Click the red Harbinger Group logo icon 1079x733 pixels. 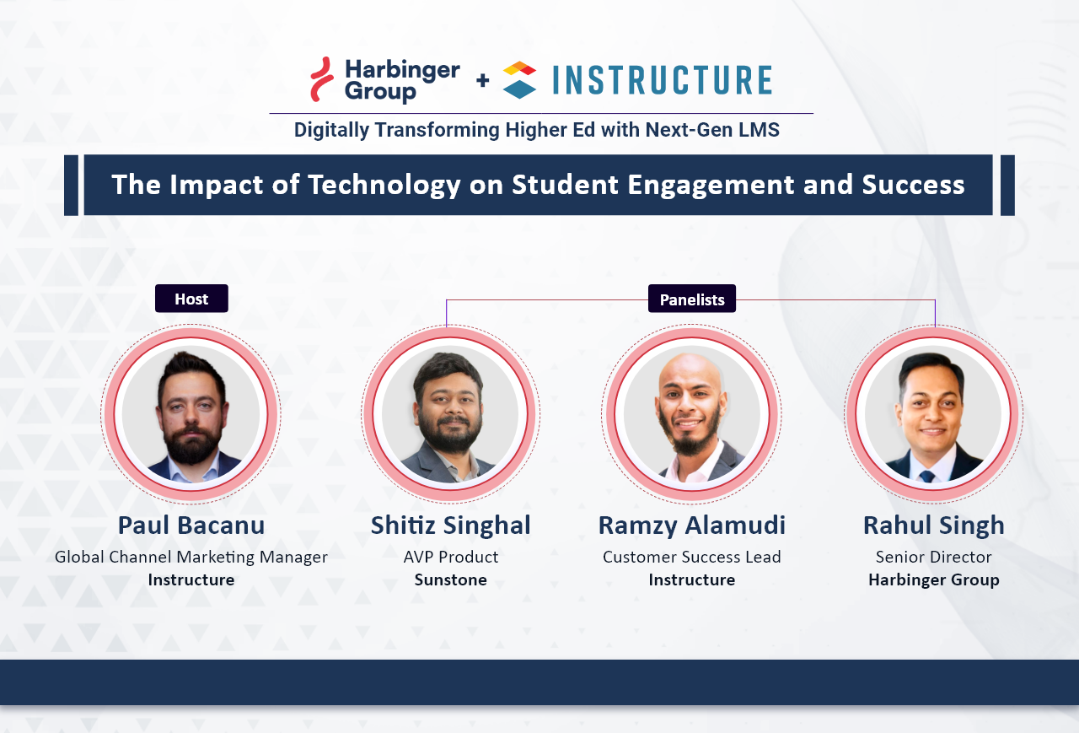tap(321, 79)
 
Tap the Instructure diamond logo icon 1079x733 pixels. tap(519, 80)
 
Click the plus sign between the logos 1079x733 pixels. tap(482, 80)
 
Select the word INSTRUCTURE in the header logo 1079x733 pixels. tap(663, 80)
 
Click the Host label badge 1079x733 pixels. tap(191, 299)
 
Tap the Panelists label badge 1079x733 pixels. tap(692, 299)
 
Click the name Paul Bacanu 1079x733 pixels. tap(191, 525)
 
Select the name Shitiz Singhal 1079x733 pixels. tap(451, 525)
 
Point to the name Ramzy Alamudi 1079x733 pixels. tap(692, 525)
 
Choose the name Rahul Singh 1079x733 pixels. tap(934, 525)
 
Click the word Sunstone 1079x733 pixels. tap(451, 580)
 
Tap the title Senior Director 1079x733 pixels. tap(934, 558)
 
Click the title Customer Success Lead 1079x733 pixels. tap(692, 558)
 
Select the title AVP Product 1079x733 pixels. tap(451, 558)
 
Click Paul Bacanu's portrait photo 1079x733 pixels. tap(191, 414)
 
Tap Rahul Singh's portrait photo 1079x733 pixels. tap(934, 414)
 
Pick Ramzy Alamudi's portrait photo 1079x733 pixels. tap(692, 414)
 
